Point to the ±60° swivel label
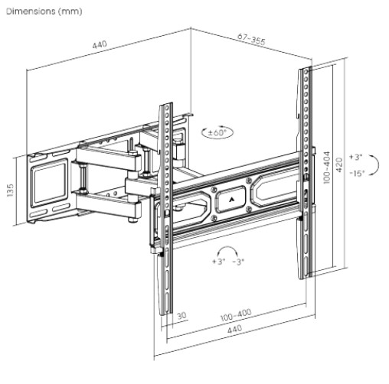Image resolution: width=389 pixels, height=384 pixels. [x=217, y=132]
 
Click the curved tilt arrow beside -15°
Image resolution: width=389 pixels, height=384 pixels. [x=374, y=164]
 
